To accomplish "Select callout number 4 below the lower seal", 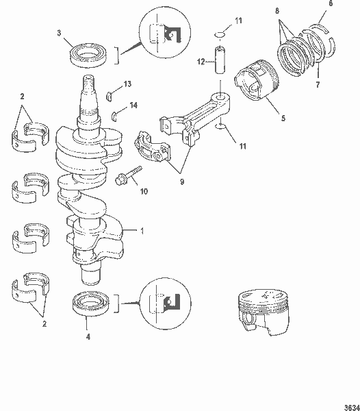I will (87, 336).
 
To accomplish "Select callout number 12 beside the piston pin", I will (200, 62).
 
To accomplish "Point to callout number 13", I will (128, 84).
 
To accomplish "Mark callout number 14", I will (133, 105).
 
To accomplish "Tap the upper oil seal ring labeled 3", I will (88, 55).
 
